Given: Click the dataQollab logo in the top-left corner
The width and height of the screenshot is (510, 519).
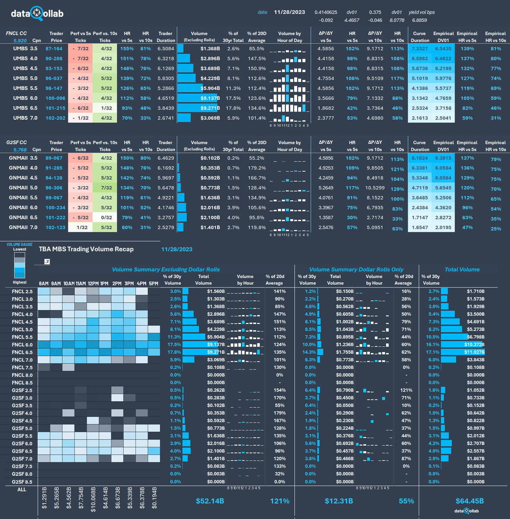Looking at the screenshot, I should point(38,13).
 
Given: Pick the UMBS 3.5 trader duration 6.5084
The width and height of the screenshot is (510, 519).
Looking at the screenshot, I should point(166,49).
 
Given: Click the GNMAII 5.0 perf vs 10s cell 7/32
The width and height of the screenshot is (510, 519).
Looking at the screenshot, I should point(106,188).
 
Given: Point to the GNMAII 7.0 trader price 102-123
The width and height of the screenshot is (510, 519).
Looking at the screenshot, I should point(55,227).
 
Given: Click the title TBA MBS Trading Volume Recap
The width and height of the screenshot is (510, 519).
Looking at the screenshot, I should point(86,249).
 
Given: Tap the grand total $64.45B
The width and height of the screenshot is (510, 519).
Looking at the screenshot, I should point(469,501).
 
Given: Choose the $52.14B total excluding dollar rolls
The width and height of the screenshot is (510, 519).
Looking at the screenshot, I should point(210,501).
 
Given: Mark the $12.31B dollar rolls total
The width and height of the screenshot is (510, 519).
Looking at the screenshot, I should point(339,501).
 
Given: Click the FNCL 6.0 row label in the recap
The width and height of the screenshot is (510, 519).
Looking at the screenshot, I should point(22,345).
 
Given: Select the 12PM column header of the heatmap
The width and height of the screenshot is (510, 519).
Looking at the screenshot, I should point(93,284).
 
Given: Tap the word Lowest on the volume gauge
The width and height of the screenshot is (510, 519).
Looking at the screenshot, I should point(19,250).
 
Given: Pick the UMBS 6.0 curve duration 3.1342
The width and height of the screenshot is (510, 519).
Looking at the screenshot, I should point(420,98).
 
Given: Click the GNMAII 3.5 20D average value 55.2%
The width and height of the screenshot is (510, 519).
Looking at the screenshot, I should point(257,158).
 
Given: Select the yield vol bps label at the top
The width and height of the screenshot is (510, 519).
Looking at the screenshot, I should point(422,13).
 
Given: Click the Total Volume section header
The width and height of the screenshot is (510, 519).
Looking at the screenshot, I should point(462,269).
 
